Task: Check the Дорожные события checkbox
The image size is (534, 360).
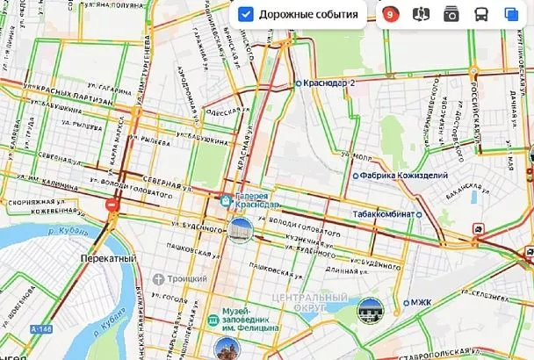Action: (x=247, y=15)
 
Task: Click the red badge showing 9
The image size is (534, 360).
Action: (x=390, y=15)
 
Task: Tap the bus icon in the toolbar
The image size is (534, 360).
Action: (x=481, y=15)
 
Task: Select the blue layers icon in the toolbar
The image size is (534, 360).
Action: (x=511, y=15)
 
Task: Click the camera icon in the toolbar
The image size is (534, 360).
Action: (x=451, y=15)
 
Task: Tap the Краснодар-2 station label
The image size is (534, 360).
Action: (x=328, y=84)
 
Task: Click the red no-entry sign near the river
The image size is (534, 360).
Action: (x=112, y=205)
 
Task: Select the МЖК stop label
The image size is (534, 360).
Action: (x=421, y=303)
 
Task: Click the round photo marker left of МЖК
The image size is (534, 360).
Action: (x=370, y=309)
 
